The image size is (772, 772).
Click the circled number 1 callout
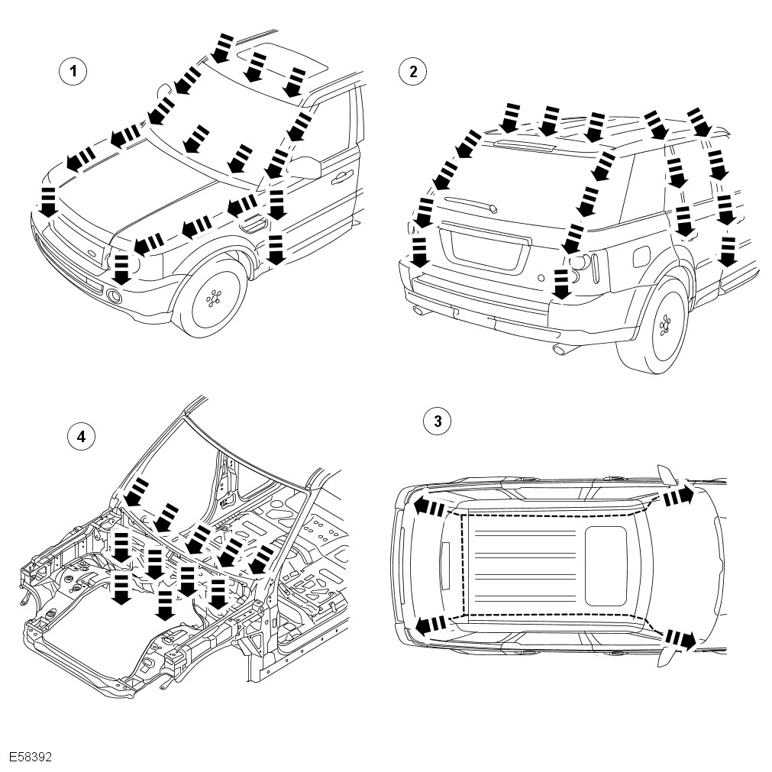pyautogui.click(x=73, y=73)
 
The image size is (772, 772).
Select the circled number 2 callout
pyautogui.click(x=413, y=73)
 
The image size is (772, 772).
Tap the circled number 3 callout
pyautogui.click(x=437, y=421)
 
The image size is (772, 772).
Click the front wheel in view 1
pyautogui.click(x=213, y=298)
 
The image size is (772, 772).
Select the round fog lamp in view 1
pyautogui.click(x=116, y=296)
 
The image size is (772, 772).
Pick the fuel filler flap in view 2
pyautogui.click(x=640, y=258)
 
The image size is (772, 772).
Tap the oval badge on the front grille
pyautogui.click(x=89, y=255)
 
